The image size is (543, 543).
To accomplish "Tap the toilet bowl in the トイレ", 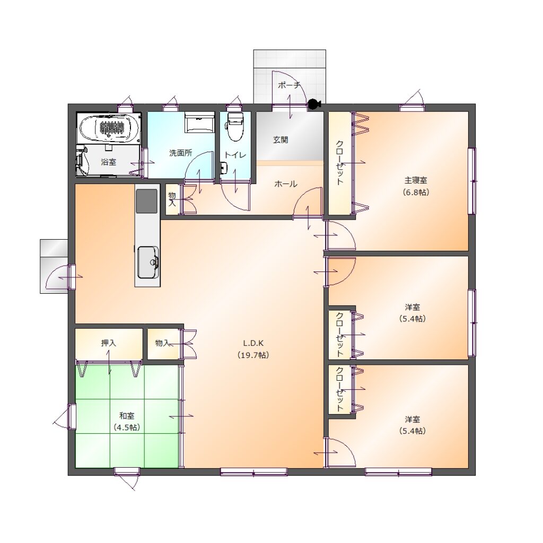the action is coord(235,126).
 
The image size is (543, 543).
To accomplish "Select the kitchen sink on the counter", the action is coord(148,262).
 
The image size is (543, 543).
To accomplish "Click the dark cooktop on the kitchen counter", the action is coord(147,201).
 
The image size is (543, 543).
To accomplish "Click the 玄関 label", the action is coord(281,140).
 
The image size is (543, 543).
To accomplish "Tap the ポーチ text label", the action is coord(289,85).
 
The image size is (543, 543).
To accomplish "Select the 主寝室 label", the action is coord(416,180).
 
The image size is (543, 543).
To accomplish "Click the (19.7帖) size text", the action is coord(254,355).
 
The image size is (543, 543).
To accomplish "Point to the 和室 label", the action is coord(127,416).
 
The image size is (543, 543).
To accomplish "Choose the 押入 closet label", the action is coord(108,343).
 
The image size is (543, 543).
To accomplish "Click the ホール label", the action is coord(286,184).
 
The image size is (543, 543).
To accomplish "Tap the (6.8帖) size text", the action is coord(416,192).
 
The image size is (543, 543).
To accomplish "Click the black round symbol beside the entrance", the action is coord(314,104).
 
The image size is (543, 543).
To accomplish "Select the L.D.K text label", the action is coord(253,343).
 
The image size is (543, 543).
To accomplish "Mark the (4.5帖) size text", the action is coord(127,427).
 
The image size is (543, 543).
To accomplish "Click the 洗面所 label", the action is coord(180,153).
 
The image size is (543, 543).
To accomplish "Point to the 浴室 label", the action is coord(108,162).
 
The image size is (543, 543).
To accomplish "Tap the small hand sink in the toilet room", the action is coord(223,168).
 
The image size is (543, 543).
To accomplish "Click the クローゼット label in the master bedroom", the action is coord(340,162).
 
